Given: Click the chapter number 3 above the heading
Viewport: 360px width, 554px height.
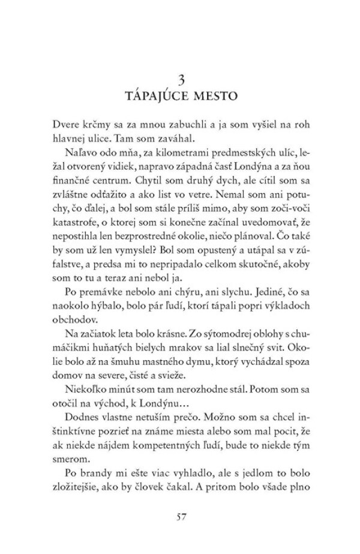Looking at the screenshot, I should click(180, 80).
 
